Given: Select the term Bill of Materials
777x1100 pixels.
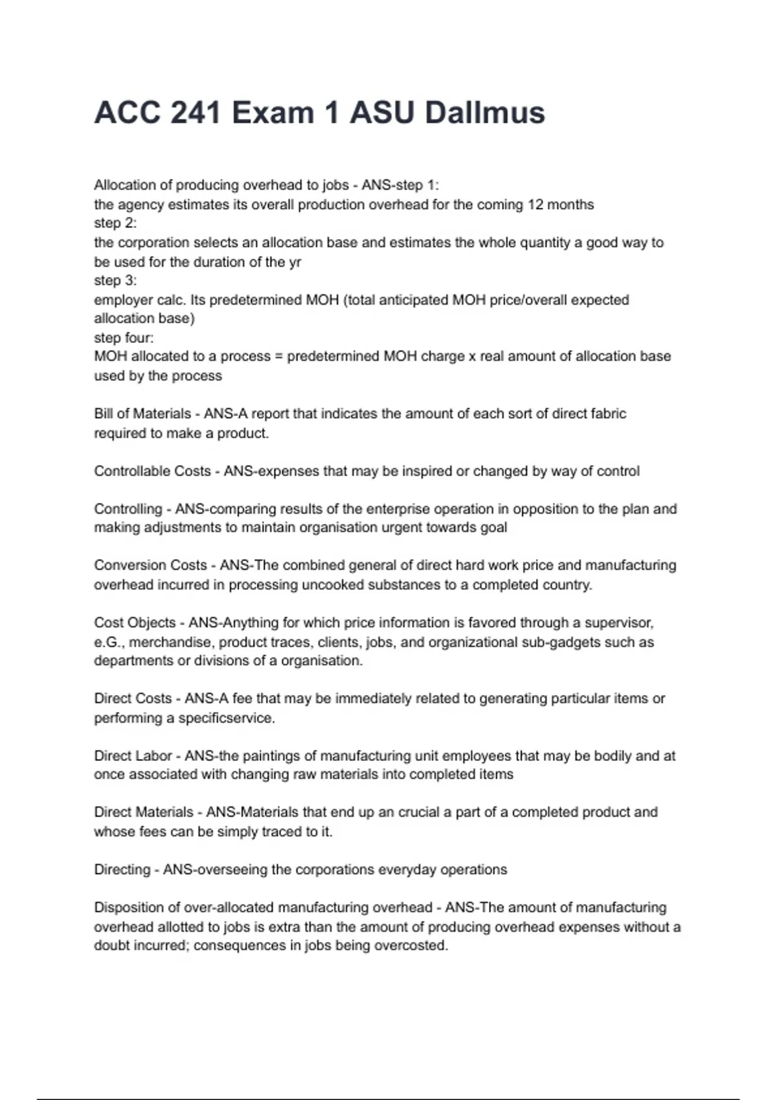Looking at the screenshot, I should tap(142, 413).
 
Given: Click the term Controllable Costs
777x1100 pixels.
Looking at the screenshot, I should tap(152, 471).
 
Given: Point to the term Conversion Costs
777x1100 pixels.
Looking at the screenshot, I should tap(150, 565).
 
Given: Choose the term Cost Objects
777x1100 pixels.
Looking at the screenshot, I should tap(135, 622).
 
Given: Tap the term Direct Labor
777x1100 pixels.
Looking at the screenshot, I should tap(133, 756).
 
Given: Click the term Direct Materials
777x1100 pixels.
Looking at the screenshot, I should tap(144, 812).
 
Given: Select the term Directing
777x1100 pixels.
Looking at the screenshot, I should tap(122, 870).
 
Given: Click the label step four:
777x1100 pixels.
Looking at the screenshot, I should tap(124, 338).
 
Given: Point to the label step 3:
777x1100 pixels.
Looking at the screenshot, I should tap(115, 280).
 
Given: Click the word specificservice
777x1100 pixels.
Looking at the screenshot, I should tap(227, 718).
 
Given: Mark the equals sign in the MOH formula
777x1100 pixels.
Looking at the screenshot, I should tap(278, 357).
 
